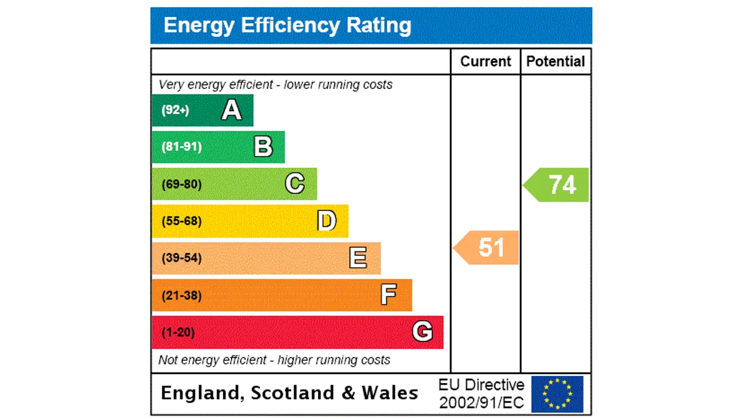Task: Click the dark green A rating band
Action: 202,110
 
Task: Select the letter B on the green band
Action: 263,147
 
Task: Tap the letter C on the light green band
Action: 295,184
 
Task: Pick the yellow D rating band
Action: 250,221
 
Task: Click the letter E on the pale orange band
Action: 358,258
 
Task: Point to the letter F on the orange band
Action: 388,295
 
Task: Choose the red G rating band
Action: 298,332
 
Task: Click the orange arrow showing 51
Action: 487,247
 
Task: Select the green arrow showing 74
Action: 558,184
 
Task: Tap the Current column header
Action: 485,62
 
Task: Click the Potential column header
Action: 556,62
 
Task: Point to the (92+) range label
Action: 175,110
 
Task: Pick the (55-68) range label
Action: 181,221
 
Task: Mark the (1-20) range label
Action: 178,332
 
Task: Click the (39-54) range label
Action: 181,258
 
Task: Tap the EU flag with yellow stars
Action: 557,394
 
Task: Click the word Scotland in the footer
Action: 294,393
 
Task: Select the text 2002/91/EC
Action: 481,402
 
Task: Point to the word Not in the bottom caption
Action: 169,360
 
